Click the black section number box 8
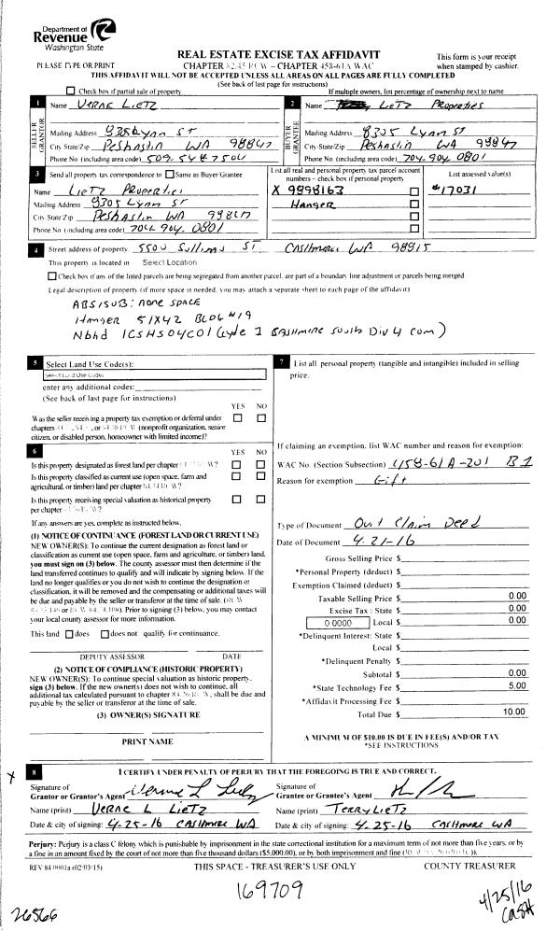pos(34,773)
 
